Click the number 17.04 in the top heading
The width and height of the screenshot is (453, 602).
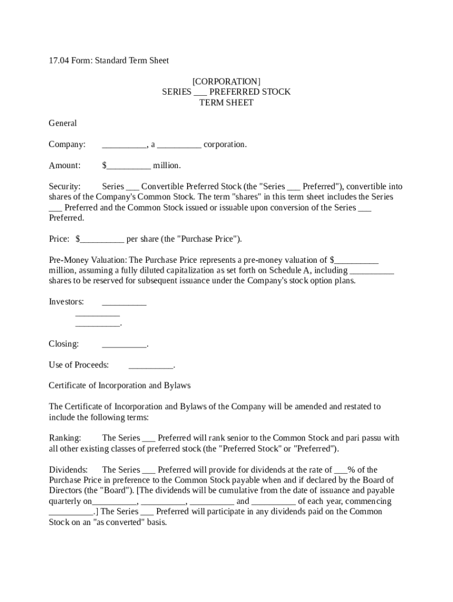(x=58, y=61)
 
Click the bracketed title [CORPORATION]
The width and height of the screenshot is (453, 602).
(x=226, y=81)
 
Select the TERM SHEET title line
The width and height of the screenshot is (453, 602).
(x=226, y=102)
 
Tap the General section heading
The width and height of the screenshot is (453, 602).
(x=62, y=123)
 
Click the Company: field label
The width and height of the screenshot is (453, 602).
(x=67, y=144)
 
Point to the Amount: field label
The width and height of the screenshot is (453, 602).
(x=65, y=165)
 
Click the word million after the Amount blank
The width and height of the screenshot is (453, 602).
(x=167, y=165)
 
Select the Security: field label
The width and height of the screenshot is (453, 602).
(x=65, y=186)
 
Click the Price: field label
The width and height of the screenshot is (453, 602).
(x=59, y=239)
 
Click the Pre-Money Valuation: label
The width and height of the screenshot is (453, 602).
(x=88, y=260)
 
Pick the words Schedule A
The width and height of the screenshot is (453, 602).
(x=290, y=270)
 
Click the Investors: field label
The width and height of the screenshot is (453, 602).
(x=66, y=302)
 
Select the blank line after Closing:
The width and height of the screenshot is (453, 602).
(x=124, y=344)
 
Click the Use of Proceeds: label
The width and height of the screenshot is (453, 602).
(x=79, y=365)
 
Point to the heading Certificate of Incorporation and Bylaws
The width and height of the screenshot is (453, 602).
(x=119, y=386)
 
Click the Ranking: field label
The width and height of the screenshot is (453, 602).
(x=65, y=437)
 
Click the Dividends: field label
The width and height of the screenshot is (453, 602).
(x=68, y=470)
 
